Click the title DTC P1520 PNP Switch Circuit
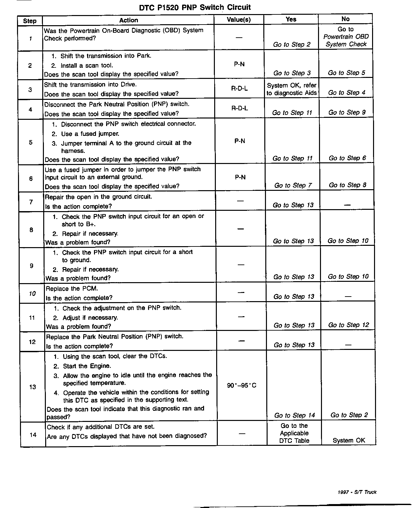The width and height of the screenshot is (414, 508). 195,7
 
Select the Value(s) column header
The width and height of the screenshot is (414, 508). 239,20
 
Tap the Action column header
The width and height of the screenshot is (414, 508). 128,20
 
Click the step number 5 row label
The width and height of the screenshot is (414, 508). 31,142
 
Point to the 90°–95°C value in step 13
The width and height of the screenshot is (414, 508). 241,385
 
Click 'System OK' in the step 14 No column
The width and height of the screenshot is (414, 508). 348,440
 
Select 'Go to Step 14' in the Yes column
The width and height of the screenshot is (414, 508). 294,415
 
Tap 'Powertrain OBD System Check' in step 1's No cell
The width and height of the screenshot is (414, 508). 346,40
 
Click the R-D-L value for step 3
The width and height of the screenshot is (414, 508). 239,89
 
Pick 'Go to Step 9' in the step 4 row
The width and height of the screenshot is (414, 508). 347,113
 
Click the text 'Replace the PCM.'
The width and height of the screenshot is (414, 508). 72,289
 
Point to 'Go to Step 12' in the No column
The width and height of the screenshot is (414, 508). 348,325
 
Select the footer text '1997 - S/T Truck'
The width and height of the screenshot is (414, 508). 357,492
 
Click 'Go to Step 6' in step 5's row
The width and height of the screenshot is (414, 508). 347,158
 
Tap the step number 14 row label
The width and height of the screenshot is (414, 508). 33,435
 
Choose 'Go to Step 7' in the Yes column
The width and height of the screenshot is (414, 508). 293,186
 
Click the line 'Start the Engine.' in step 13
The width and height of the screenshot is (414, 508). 87,366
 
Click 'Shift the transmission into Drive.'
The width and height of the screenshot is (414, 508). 90,84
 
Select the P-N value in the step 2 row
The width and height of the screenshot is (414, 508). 239,64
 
